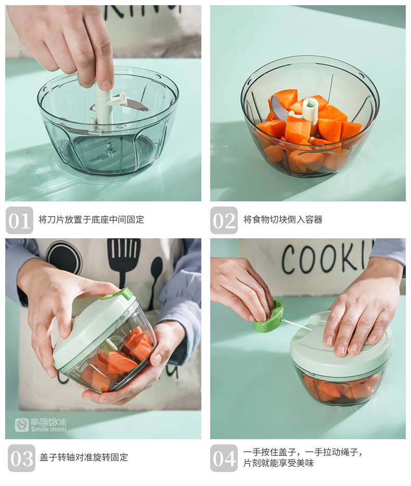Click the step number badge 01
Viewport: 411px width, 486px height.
[19, 220]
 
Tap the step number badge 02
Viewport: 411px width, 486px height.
[224, 220]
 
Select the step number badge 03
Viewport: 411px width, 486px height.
[21, 458]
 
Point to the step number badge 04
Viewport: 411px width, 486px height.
[224, 458]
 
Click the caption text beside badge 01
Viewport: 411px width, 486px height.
[92, 220]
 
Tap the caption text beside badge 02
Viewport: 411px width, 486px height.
[282, 220]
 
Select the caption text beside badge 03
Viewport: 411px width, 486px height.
[84, 457]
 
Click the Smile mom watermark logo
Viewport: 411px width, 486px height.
[41, 425]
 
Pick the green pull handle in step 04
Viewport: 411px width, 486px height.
[268, 316]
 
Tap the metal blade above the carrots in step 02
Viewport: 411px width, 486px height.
[279, 107]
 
